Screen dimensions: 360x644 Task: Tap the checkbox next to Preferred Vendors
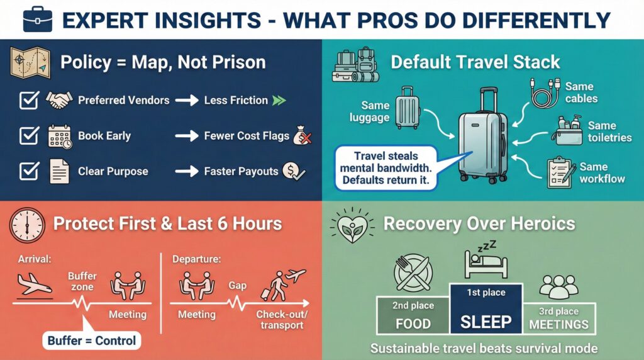(29, 101)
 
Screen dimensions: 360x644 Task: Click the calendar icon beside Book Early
(60, 137)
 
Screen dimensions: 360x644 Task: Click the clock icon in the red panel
(28, 224)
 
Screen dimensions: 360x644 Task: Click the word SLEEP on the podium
(486, 322)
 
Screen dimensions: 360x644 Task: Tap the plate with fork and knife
(413, 274)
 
